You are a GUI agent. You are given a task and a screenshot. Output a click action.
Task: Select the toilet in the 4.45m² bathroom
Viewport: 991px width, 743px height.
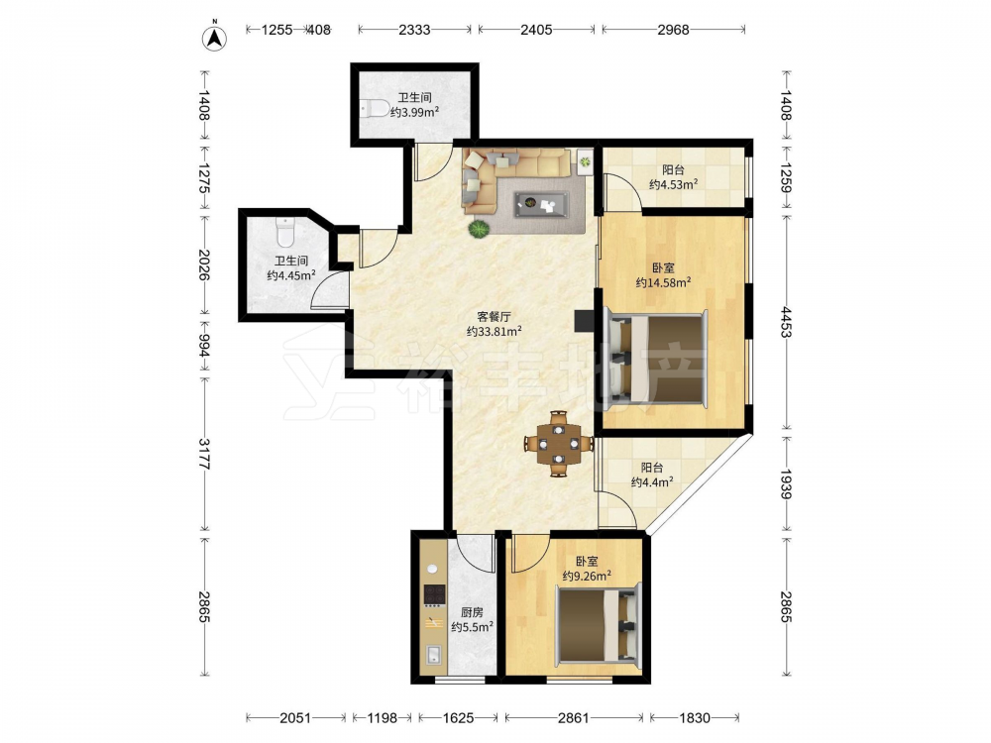286,233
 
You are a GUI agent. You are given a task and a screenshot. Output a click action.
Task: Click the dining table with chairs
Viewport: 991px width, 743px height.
558,444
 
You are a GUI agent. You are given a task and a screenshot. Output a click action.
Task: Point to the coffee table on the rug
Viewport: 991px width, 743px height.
541,203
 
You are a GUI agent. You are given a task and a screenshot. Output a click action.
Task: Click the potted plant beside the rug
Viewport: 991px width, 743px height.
479,229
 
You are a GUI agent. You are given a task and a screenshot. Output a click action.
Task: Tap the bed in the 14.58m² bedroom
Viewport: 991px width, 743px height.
655,359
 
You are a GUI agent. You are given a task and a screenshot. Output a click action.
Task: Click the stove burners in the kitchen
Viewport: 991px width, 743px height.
434,594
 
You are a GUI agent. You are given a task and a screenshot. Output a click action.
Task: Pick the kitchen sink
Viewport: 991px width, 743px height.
434,655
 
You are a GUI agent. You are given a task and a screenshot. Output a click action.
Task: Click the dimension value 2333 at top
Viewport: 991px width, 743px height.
414,30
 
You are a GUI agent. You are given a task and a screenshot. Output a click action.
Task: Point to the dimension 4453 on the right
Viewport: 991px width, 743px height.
786,322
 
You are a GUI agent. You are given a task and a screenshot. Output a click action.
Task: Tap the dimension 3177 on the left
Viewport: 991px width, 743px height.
203,454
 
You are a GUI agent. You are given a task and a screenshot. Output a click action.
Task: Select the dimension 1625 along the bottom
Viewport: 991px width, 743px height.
458,717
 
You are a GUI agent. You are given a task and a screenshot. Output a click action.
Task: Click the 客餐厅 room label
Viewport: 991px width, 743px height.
494,316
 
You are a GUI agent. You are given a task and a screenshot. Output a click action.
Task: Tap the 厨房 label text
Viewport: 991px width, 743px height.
472,612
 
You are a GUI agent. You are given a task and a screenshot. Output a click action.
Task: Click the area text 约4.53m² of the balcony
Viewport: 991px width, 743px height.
673,184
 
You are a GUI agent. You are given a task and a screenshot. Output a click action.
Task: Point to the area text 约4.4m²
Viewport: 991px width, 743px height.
652,482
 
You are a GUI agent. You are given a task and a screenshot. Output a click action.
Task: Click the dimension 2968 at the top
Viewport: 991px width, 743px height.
673,30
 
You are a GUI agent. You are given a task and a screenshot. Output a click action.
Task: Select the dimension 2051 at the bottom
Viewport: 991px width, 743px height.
295,717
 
